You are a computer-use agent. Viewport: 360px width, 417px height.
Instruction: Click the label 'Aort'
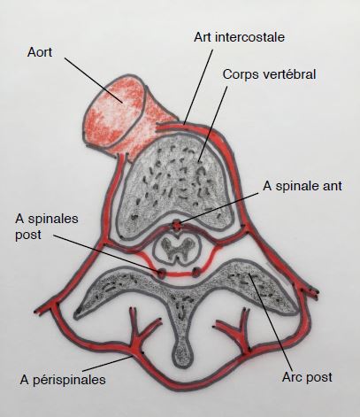coord(40,52)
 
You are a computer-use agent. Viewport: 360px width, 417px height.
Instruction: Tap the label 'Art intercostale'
coord(239,37)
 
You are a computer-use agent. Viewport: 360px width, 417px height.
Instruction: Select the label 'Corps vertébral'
coord(269,74)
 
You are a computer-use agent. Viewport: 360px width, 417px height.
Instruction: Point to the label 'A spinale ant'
coord(303,186)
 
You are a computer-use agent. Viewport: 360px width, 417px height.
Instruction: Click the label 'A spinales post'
coord(47,227)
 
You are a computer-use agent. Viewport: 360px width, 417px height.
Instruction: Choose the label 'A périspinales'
coord(63,380)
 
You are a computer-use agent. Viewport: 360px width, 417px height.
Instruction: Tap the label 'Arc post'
coord(307,377)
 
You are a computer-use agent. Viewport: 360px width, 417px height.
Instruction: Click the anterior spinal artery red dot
coord(177,226)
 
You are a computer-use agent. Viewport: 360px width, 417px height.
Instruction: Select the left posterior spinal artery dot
coord(161,273)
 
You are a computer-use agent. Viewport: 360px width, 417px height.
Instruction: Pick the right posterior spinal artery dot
coord(196,272)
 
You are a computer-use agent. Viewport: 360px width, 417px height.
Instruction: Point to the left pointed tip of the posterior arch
coord(78,311)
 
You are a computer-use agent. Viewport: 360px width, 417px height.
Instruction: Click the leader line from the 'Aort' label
coord(94,81)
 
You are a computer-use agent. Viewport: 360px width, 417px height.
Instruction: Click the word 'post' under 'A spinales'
coord(28,235)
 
